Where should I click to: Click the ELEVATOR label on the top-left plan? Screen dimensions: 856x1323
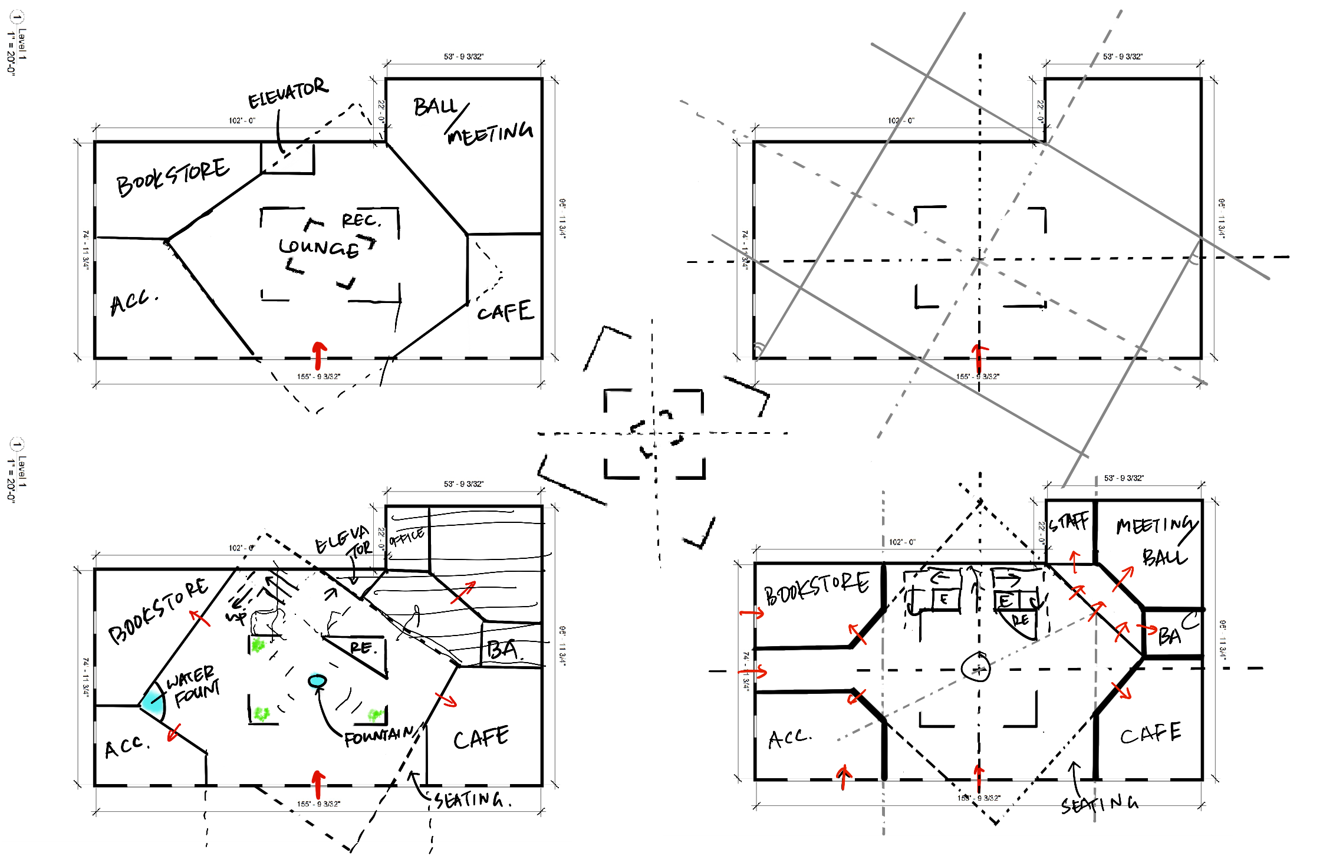click(x=288, y=93)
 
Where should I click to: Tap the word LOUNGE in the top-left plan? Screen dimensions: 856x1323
click(x=319, y=247)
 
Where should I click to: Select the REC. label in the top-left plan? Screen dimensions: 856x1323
click(x=361, y=220)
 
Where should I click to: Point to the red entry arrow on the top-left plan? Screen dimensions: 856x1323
click(x=319, y=355)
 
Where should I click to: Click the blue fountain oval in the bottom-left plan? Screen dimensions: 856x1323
click(x=317, y=681)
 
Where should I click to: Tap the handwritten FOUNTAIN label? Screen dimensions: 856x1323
click(x=379, y=736)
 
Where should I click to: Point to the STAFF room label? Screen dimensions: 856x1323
click(x=1069, y=522)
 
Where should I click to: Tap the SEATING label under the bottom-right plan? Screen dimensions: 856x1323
click(x=1099, y=804)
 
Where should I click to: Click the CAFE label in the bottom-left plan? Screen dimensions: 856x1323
click(x=481, y=738)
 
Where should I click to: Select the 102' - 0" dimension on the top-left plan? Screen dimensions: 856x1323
click(x=242, y=121)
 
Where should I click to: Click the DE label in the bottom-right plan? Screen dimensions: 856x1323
click(x=1020, y=620)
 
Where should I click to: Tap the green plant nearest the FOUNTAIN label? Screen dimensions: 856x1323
click(x=375, y=715)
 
